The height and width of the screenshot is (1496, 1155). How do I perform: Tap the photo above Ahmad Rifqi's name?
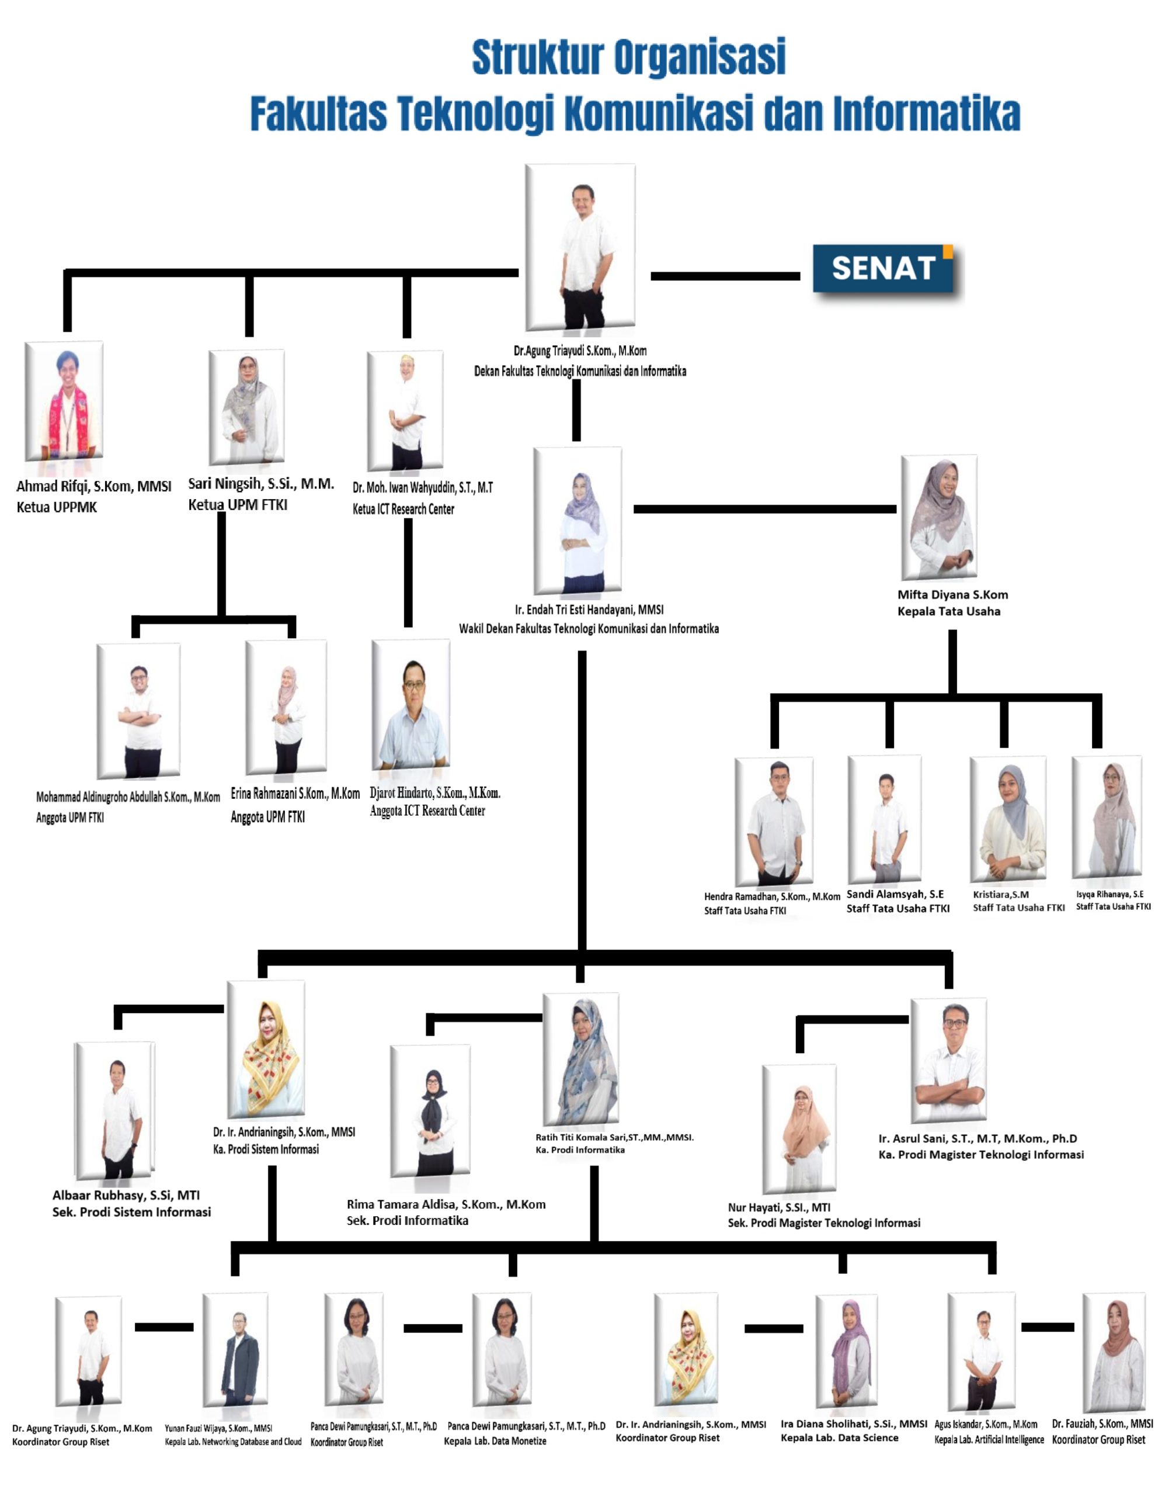(x=64, y=401)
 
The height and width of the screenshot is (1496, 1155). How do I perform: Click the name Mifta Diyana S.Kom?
(x=952, y=594)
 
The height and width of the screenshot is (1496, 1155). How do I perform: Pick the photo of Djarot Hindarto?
(x=410, y=705)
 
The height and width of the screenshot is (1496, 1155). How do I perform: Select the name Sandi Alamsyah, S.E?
(x=895, y=894)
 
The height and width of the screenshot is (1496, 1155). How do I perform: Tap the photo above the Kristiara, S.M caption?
(x=1007, y=819)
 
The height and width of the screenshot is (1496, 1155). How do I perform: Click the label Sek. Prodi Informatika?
(x=408, y=1221)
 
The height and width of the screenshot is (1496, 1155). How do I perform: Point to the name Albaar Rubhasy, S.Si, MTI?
(x=126, y=1195)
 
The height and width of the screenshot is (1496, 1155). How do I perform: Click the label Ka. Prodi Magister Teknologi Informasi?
(x=980, y=1155)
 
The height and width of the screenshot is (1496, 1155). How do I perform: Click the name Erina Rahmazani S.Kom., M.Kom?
(x=295, y=794)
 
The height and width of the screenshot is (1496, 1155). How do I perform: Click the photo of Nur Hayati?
(x=799, y=1130)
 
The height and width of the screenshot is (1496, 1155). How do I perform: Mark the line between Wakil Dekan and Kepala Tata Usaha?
(x=764, y=509)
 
